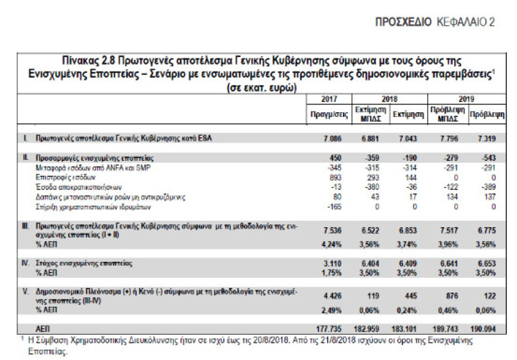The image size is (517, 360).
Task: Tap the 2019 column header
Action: point(467,99)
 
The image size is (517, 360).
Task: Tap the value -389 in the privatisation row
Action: point(490,187)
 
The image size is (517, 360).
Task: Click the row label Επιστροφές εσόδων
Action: point(58,176)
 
